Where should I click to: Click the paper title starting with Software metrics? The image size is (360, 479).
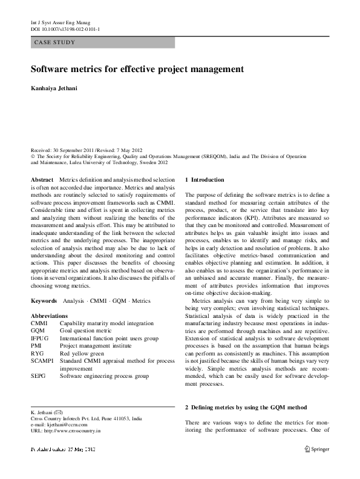click(137, 70)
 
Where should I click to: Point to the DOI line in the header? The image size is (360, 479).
click(65, 28)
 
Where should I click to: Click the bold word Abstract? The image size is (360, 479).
click(42, 180)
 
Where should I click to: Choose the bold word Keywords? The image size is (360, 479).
click(45, 301)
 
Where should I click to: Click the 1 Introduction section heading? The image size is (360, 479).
click(204, 180)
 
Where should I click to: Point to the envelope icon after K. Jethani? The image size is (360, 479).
click(59, 412)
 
